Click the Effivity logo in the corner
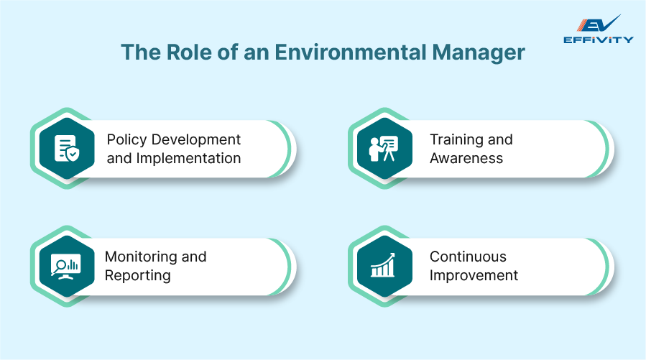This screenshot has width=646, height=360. click(x=598, y=29)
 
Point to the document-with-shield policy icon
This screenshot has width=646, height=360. click(x=67, y=148)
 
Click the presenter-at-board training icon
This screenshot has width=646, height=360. click(x=384, y=148)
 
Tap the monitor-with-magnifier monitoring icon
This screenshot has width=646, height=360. click(x=67, y=266)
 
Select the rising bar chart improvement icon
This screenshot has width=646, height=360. click(x=384, y=266)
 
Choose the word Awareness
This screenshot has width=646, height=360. click(x=466, y=158)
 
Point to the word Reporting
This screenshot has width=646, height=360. click(x=138, y=275)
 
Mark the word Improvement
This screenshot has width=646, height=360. click(x=474, y=275)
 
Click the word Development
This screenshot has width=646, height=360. click(x=198, y=139)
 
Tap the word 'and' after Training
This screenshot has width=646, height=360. click(x=501, y=139)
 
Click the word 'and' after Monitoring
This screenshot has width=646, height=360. click(x=194, y=257)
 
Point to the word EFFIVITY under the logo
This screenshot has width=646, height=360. click(x=598, y=40)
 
